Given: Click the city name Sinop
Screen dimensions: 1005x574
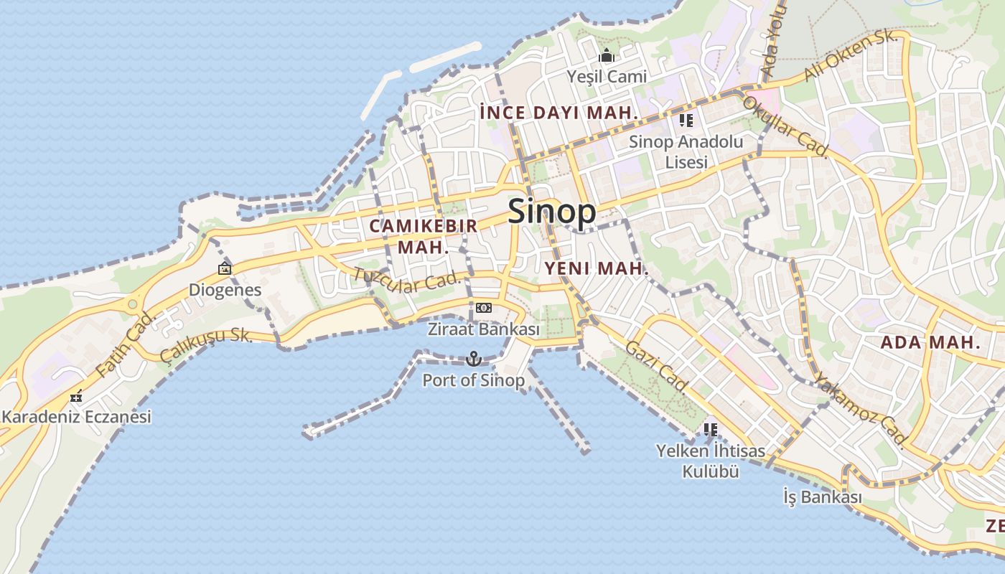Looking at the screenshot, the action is [551, 212].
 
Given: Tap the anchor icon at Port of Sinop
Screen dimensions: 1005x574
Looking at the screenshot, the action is [473, 358].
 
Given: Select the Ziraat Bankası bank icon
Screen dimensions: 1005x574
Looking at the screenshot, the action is [484, 308].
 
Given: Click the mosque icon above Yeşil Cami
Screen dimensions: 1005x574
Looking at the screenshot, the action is [607, 55].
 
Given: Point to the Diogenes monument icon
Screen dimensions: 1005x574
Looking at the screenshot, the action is [225, 269].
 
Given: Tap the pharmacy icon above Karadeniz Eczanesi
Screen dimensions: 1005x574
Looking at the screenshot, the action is [76, 396].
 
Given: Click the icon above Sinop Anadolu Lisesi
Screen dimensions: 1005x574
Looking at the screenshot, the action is [686, 121].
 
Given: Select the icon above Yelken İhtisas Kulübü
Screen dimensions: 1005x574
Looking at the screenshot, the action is [710, 430].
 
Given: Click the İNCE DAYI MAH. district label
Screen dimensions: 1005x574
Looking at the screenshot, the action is [558, 113].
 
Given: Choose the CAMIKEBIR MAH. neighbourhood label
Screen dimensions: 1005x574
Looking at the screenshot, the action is [423, 237].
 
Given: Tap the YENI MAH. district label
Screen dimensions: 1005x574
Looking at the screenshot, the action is [597, 269].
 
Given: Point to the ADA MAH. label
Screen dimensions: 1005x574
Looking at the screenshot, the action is [930, 342].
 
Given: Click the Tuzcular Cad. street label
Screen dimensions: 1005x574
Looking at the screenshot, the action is [406, 281].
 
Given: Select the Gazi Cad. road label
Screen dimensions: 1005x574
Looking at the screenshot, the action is [657, 367].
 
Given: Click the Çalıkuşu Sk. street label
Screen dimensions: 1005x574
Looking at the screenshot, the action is [206, 343].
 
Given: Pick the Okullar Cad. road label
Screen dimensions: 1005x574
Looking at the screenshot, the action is [786, 127].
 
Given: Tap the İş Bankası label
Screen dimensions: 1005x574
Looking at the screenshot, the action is [822, 497].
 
